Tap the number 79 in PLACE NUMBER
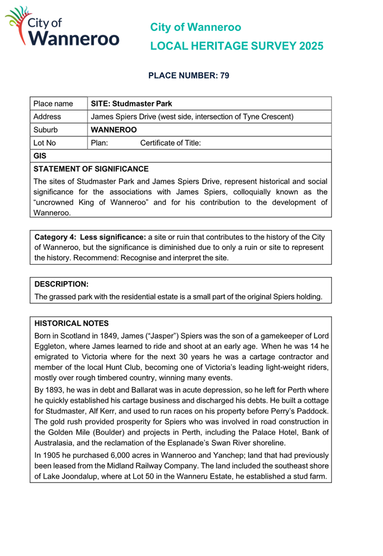pyautogui.click(x=225, y=76)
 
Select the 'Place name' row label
pyautogui.click(x=53, y=103)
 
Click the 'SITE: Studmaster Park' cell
pyautogui.click(x=131, y=103)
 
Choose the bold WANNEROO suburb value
pyautogui.click(x=114, y=130)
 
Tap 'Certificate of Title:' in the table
pyautogui.click(x=171, y=143)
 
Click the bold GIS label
pyautogui.click(x=40, y=157)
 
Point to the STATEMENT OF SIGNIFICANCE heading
pyautogui.click(x=91, y=169)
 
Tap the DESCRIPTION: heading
pyautogui.click(x=61, y=284)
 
